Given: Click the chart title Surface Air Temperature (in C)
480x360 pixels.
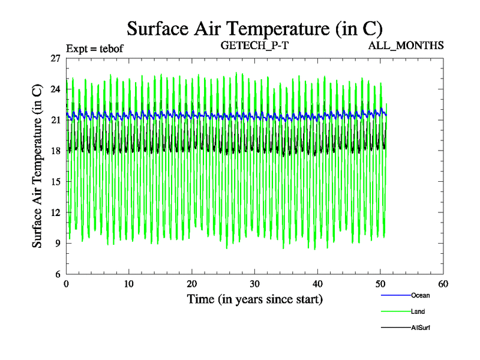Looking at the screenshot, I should (254, 28).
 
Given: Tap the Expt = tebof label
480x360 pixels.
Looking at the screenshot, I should (94, 49).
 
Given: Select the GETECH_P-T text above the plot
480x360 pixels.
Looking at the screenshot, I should (255, 45).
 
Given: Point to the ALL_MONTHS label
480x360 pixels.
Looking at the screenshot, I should (406, 45).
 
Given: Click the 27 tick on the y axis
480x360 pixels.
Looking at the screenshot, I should (56, 58).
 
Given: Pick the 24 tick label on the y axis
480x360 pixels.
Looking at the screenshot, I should (56, 89).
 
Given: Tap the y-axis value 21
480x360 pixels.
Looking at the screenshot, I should (56, 120).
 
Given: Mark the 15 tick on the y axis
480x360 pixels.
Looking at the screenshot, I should (56, 181).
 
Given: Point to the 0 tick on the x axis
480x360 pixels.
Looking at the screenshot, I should (67, 284).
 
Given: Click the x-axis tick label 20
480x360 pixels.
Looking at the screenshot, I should (192, 284).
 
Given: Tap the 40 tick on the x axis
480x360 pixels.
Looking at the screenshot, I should (318, 284).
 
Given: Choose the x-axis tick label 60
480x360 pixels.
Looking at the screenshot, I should (443, 284).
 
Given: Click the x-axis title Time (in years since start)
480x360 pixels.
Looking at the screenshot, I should (255, 299).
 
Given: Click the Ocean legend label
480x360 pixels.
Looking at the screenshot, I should (420, 295).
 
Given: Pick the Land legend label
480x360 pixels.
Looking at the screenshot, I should (419, 311).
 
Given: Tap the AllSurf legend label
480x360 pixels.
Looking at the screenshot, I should (421, 328).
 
